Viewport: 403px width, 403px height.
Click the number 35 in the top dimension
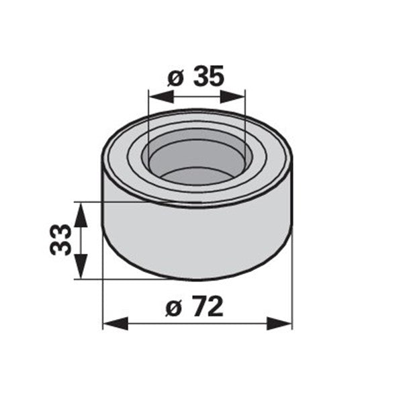(x=208, y=75)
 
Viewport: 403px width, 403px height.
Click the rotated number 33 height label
(x=60, y=240)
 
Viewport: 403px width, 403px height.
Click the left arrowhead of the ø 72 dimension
(x=116, y=323)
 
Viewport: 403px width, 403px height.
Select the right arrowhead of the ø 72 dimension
(x=279, y=323)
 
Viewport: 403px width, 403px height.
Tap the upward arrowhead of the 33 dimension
(x=81, y=215)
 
